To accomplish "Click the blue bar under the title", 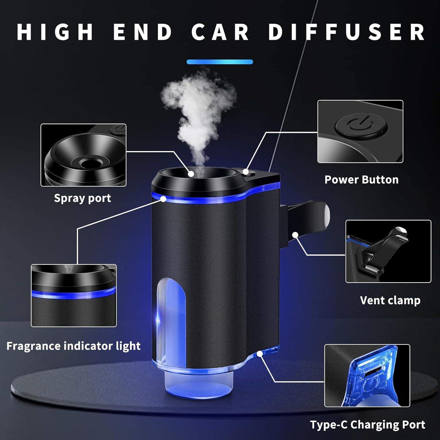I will (220, 62).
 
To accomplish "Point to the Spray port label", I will (82, 198).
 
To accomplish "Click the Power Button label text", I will (361, 180).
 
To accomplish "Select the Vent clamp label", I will (390, 300).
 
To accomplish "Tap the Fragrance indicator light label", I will (73, 346).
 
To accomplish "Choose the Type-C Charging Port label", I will (368, 424).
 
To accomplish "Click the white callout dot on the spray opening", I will (191, 174).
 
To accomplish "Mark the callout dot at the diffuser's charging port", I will (259, 354).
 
